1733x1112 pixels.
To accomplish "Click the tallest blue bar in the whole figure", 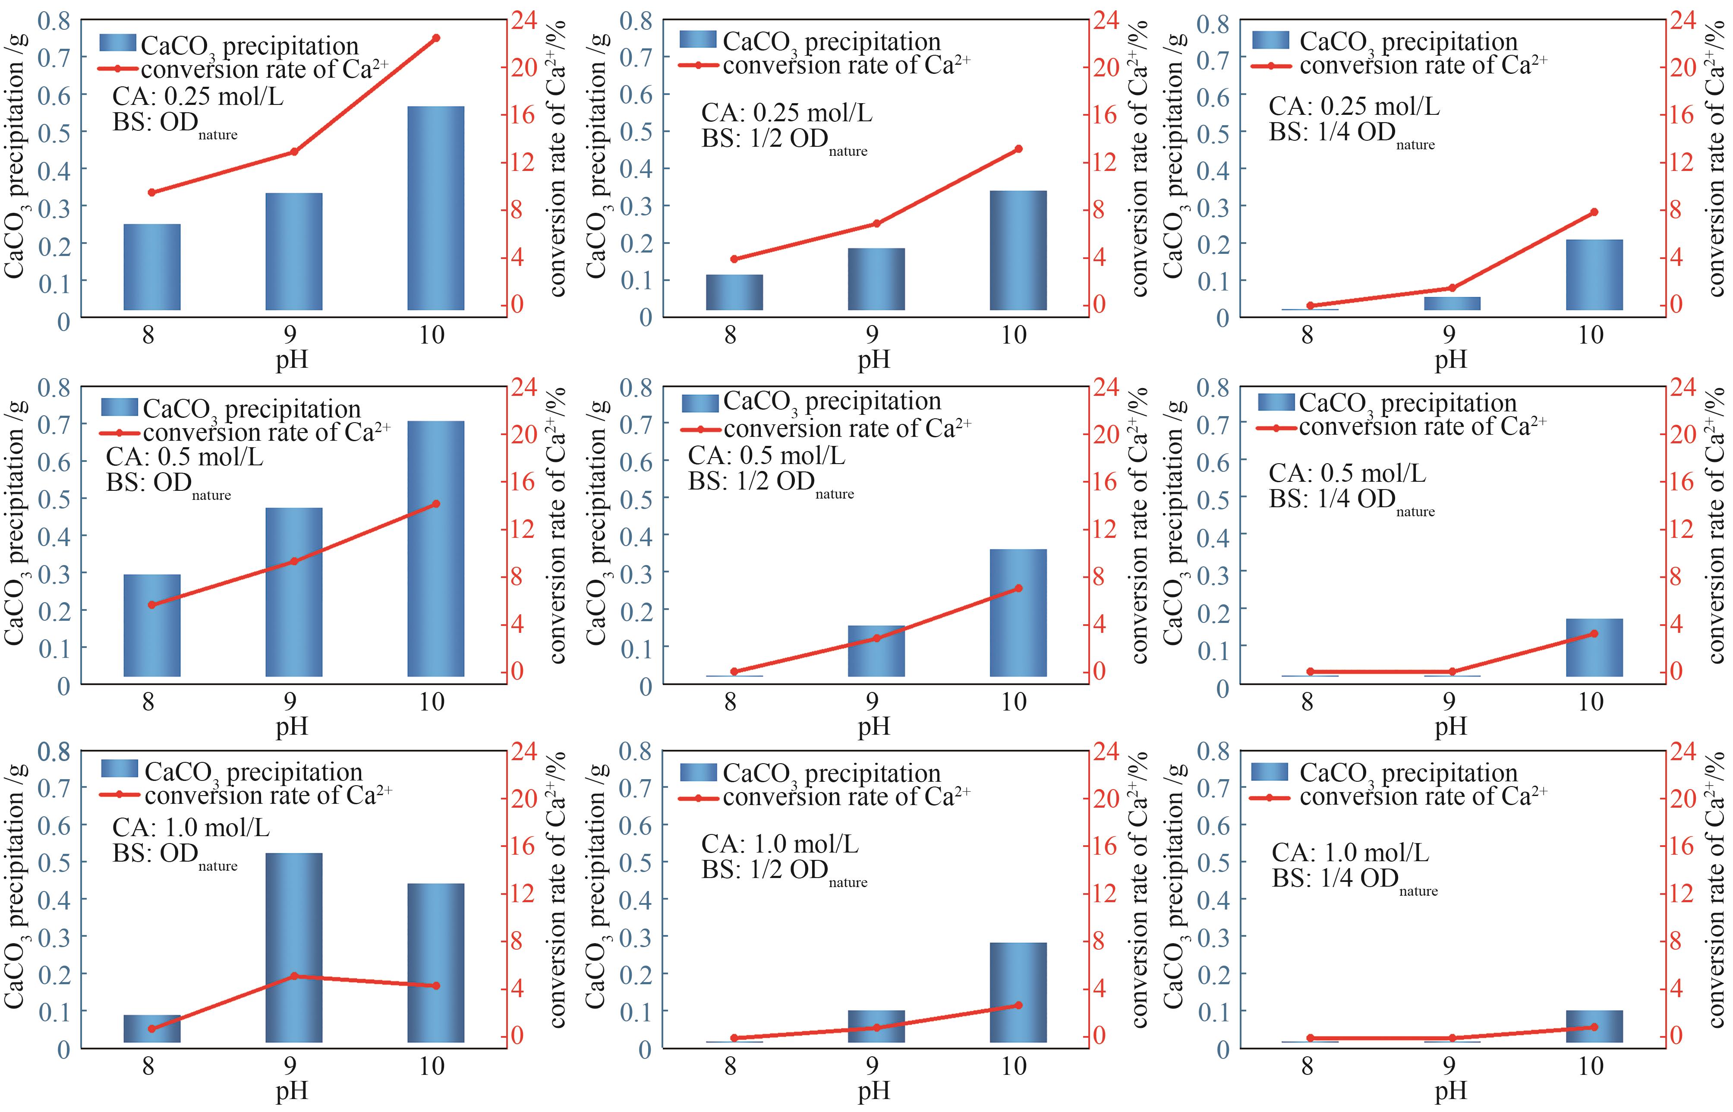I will click(435, 549).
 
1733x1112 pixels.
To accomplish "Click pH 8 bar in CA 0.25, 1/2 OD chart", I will click(734, 292).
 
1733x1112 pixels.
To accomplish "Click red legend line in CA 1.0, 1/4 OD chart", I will click(1270, 798).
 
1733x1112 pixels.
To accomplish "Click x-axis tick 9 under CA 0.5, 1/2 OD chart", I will click(872, 701).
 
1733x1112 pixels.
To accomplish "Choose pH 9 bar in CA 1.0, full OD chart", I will click(294, 948).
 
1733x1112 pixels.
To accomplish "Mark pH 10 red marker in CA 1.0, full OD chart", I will click(435, 986).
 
